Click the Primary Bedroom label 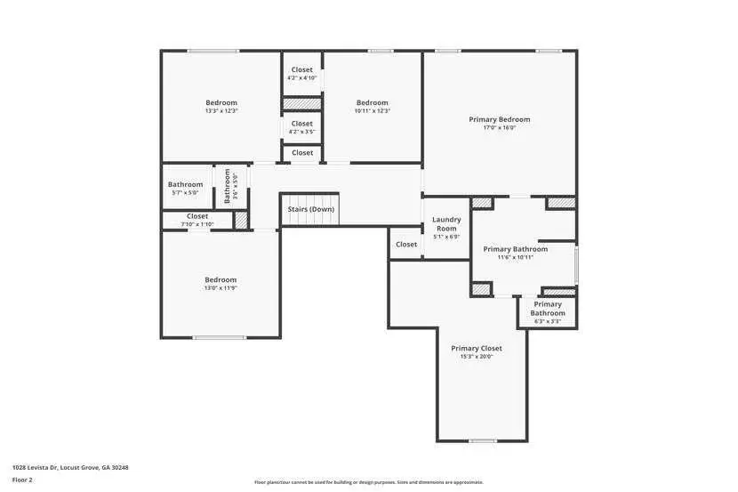[x=499, y=119]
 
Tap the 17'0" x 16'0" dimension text [x=499, y=128]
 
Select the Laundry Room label [x=446, y=224]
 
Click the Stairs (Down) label [x=310, y=209]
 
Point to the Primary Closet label [x=476, y=348]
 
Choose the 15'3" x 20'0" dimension [x=476, y=357]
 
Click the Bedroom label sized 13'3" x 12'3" [x=221, y=102]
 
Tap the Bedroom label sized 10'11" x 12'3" [x=372, y=102]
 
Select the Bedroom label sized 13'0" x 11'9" [x=221, y=279]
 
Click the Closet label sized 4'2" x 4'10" [x=302, y=69]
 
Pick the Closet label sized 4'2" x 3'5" [x=302, y=124]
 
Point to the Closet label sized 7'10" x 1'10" [x=197, y=216]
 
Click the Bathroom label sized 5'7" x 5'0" [x=185, y=184]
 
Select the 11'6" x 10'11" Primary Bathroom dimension [x=515, y=258]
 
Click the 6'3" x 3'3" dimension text [x=548, y=321]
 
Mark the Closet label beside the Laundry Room [x=406, y=244]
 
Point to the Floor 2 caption [x=22, y=480]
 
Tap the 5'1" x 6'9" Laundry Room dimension [x=446, y=237]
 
